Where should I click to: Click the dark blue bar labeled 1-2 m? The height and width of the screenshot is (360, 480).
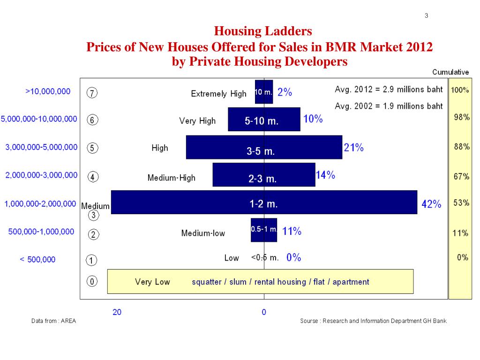click(264, 202)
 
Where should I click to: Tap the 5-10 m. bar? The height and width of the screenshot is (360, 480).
click(264, 119)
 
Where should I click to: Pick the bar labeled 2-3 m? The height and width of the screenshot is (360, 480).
click(264, 174)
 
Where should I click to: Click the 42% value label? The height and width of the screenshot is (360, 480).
click(431, 204)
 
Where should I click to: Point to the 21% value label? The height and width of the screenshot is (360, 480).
click(353, 148)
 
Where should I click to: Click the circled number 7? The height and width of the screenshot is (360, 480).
click(92, 93)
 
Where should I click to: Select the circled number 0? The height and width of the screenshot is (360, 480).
click(92, 282)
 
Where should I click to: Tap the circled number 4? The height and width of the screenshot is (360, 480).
click(93, 177)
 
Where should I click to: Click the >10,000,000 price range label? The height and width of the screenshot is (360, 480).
click(48, 91)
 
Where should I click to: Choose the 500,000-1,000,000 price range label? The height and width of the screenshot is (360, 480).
click(41, 232)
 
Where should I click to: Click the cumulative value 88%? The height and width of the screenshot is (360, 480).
click(461, 147)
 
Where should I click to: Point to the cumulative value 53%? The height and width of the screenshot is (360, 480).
click(461, 203)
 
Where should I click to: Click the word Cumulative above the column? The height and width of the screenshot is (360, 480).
click(450, 72)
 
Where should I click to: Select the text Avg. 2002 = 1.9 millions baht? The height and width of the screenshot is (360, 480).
click(389, 106)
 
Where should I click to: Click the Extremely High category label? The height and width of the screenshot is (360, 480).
click(218, 94)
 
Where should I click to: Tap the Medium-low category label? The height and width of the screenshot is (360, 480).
click(203, 233)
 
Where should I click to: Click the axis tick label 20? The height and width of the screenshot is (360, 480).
click(117, 312)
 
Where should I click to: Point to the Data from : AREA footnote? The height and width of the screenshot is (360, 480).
click(53, 321)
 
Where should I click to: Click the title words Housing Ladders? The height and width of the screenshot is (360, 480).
click(262, 31)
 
